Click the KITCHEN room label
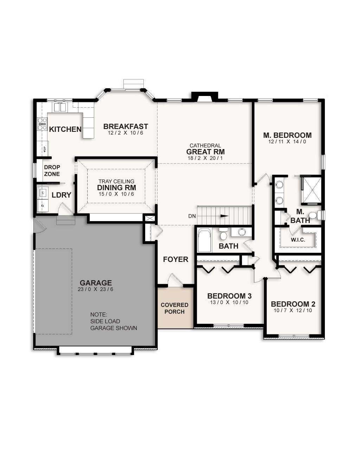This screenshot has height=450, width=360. click(65, 129)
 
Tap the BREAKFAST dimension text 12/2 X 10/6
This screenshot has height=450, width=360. click(126, 133)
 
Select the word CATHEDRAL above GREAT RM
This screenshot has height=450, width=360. click(205, 146)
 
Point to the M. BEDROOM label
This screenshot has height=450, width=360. click(287, 135)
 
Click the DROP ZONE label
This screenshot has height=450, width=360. click(52, 171)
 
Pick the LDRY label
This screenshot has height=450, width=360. click(62, 195)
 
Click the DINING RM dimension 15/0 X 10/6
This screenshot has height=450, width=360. click(116, 194)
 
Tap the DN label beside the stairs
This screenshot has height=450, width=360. click(192, 216)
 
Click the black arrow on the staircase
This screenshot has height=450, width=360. click(224, 216)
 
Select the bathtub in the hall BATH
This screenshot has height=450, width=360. click(204, 240)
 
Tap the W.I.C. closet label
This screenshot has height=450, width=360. click(298, 240)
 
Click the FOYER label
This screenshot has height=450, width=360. click(175, 259)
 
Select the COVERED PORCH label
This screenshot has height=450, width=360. click(175, 308)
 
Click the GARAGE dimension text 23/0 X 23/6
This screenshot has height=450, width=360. click(96, 289)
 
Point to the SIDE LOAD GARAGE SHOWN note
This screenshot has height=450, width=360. click(113, 321)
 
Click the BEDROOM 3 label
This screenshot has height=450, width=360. click(229, 296)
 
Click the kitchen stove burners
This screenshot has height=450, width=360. click(42, 124)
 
